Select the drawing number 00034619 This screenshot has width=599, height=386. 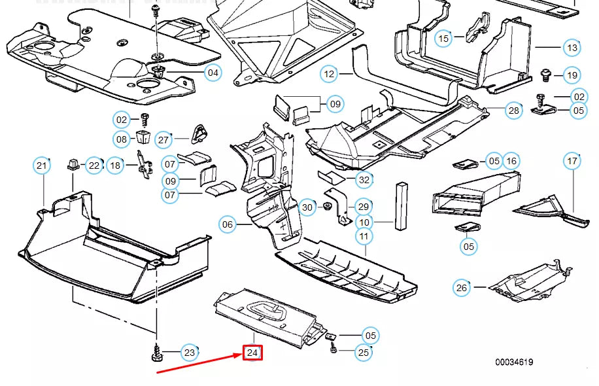(514, 362)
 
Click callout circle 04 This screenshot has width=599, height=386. (213, 73)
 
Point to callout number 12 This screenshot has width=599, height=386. (329, 75)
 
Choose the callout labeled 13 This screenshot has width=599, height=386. (572, 48)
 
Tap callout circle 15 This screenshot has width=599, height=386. (444, 39)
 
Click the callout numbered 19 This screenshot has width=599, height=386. (572, 76)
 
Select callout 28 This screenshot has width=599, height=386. (514, 111)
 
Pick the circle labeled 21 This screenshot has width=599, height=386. (42, 166)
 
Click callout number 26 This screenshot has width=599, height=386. (462, 287)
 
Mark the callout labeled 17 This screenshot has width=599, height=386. (572, 161)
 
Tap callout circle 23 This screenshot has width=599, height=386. (189, 353)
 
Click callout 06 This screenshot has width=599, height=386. (227, 225)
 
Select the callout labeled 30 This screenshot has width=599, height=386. (307, 208)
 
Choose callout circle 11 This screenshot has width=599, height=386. (364, 236)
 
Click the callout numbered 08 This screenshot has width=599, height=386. (122, 139)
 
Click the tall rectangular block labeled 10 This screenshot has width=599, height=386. (400, 205)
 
